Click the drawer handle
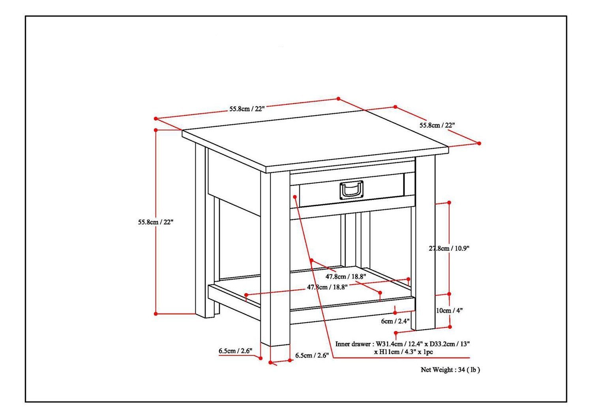(x=351, y=190)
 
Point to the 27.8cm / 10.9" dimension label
(x=449, y=248)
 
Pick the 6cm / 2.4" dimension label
(x=395, y=321)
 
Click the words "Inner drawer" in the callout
(x=353, y=344)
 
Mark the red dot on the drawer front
(x=295, y=196)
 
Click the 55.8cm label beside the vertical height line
(x=155, y=222)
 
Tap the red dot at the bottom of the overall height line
(x=156, y=314)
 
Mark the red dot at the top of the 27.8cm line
(x=449, y=202)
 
